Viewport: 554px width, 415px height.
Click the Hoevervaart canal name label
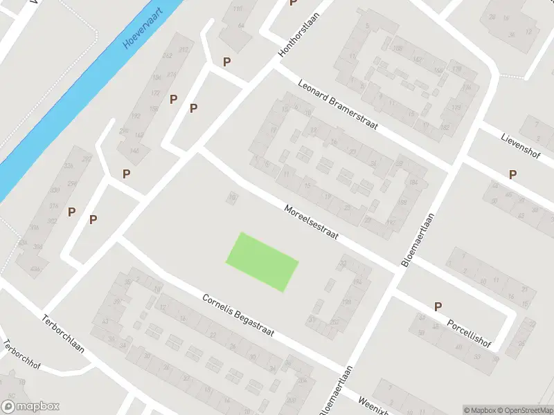point(142,32)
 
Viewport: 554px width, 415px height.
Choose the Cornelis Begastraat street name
point(238,315)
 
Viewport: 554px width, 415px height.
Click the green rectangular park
point(262,262)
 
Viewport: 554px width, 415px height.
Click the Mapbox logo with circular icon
point(30,407)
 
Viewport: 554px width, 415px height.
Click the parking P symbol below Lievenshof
point(512,174)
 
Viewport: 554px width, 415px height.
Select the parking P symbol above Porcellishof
point(438,306)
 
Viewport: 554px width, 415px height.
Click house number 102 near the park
point(233,199)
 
